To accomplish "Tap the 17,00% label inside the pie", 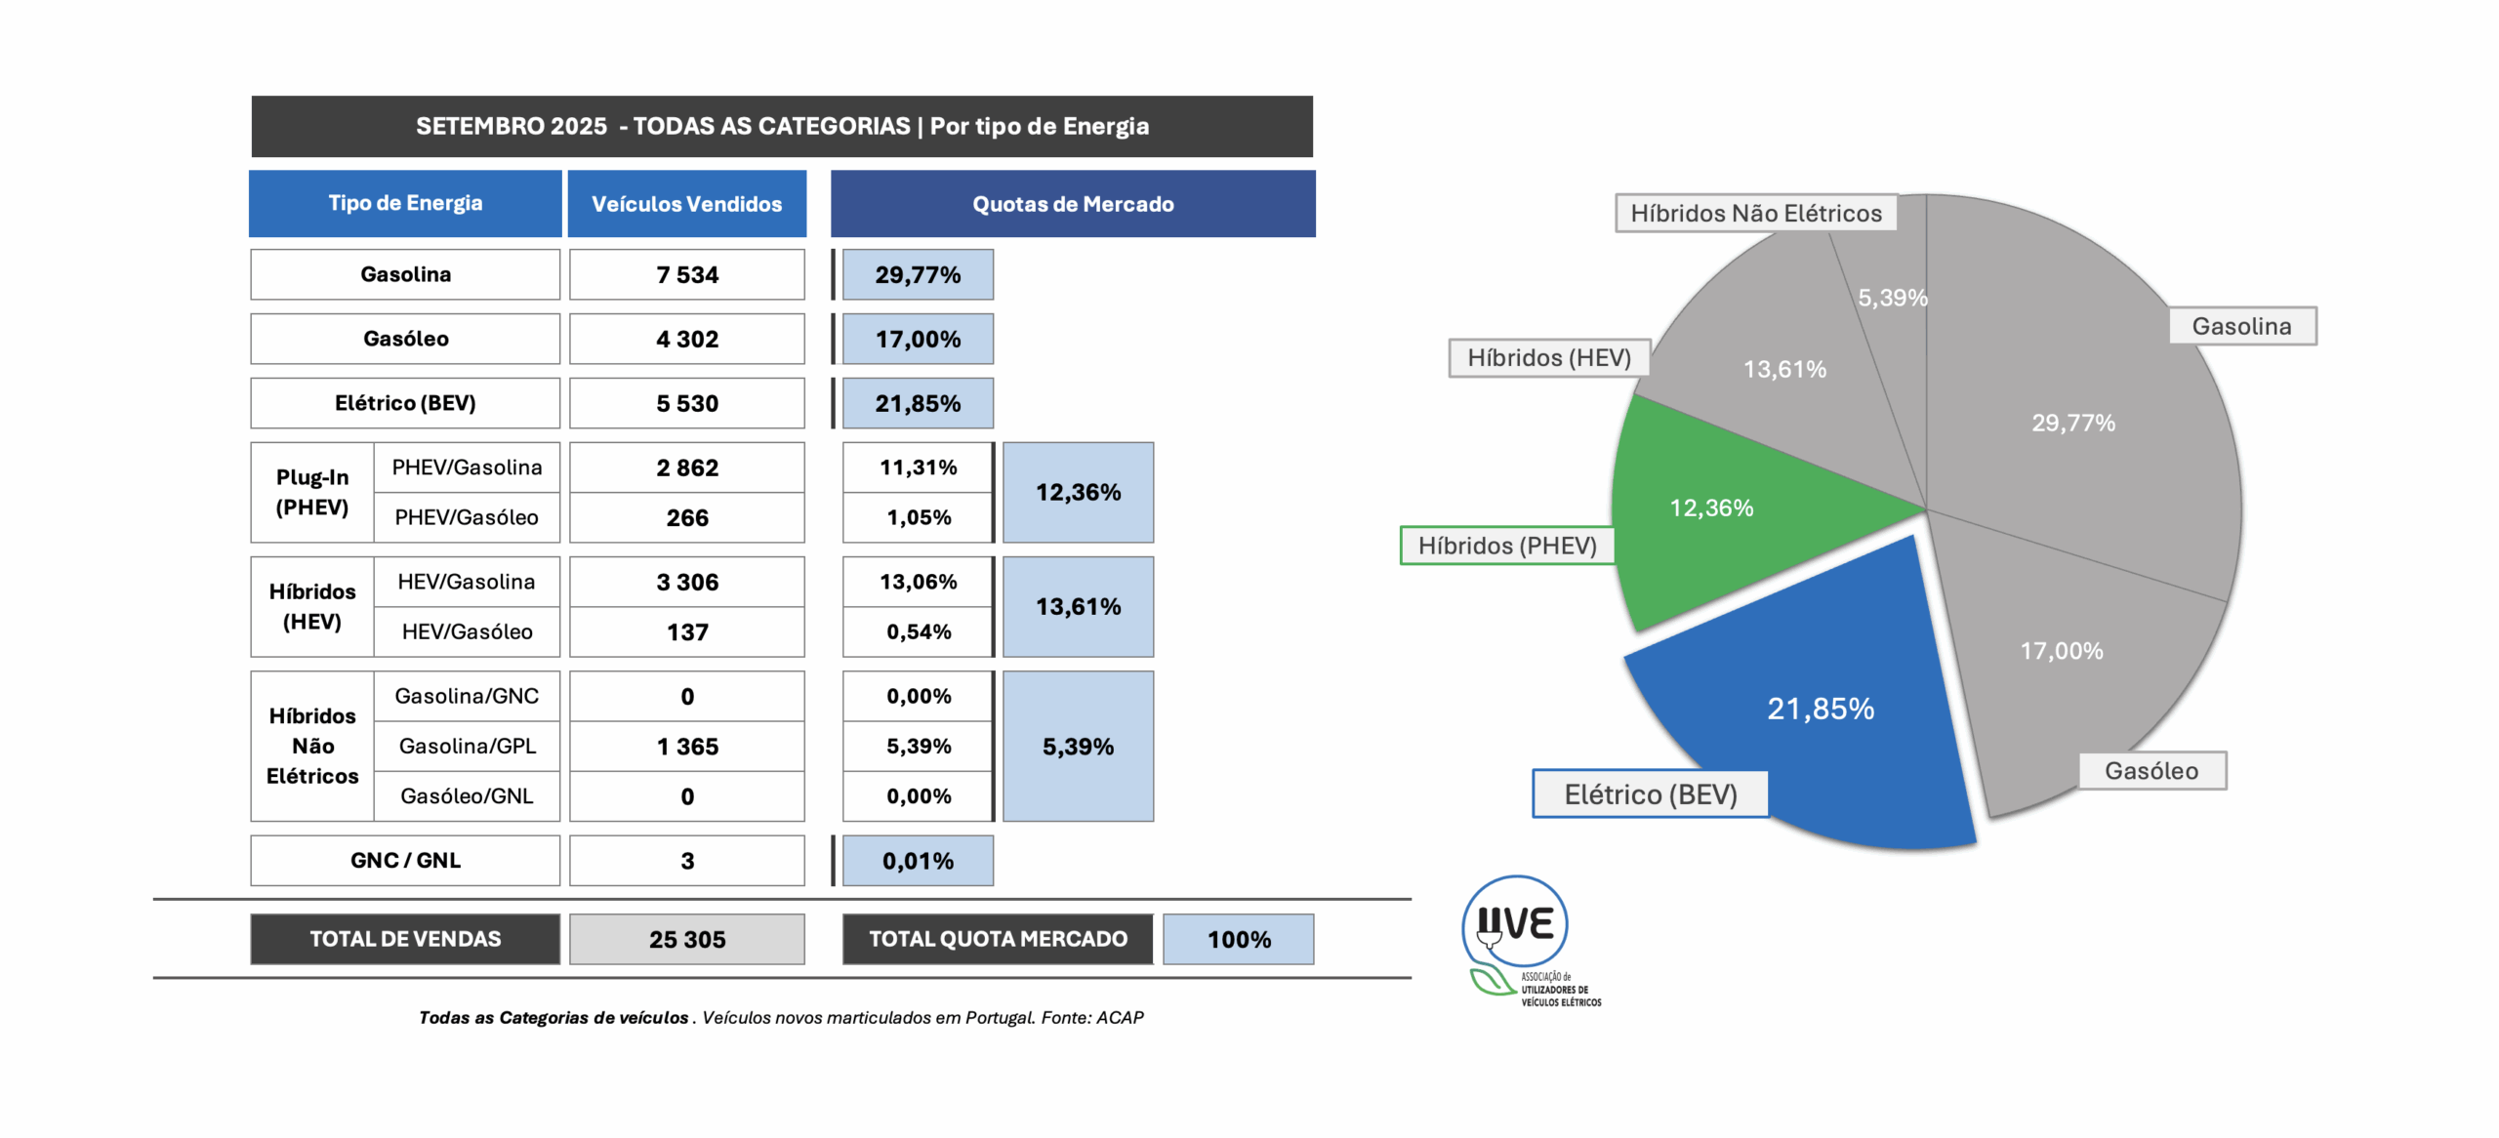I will tap(2061, 651).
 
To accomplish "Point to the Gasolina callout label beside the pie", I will tap(2241, 326).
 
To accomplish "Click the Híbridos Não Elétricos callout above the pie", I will tap(1755, 213).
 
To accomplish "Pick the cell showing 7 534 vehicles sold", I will tap(687, 274).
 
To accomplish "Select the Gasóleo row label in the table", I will tap(405, 339).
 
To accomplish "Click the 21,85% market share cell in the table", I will tap(918, 403).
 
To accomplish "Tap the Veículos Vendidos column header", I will tap(686, 204).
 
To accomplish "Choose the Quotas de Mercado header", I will tap(1072, 204).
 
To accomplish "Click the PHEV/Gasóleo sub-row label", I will tap(466, 517).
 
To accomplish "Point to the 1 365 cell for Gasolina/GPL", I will tap(687, 747).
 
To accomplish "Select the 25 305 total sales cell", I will tap(687, 939).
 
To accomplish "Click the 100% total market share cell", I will tap(1238, 939).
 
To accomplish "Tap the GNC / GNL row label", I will tap(405, 860).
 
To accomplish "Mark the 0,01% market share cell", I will tap(918, 860).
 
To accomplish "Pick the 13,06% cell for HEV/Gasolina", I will tap(918, 582).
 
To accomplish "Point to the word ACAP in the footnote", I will tap(1120, 1017).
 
